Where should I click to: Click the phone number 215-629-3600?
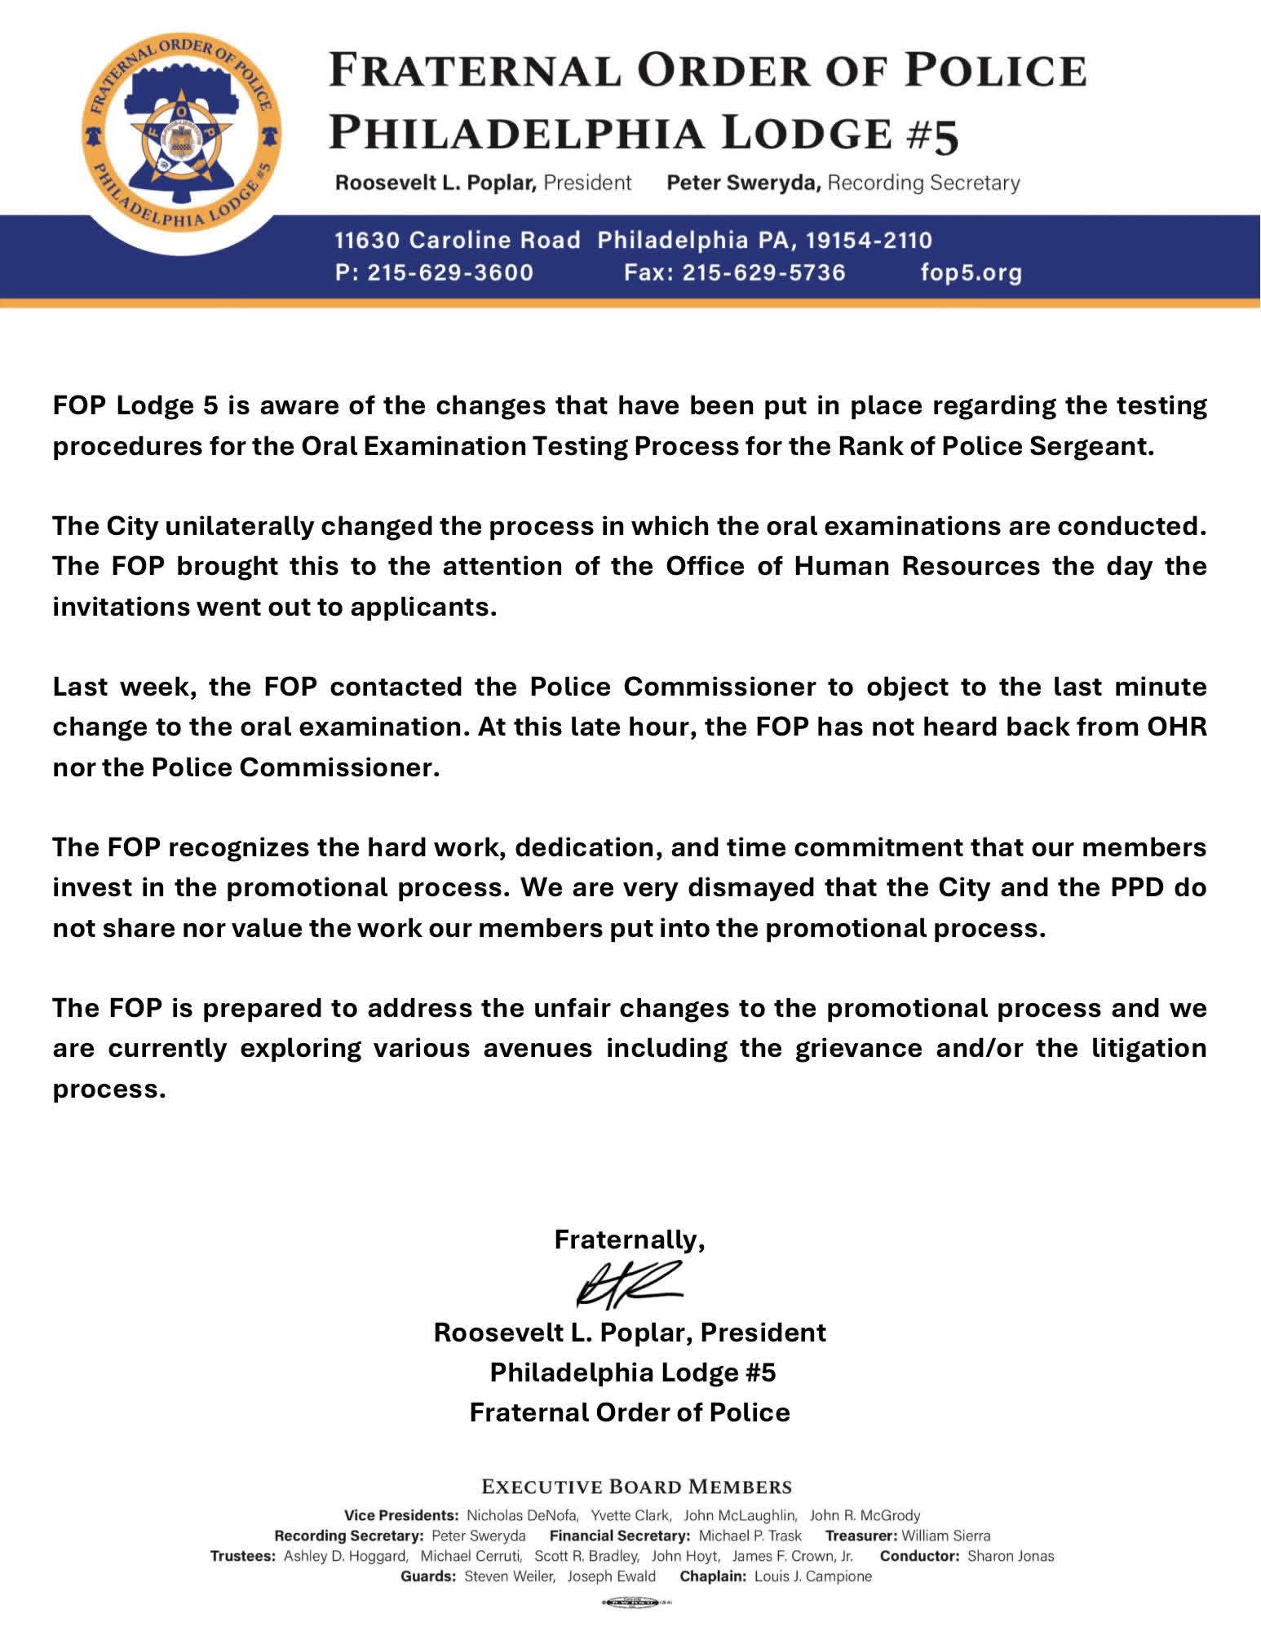pyautogui.click(x=450, y=272)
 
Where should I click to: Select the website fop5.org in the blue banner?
pyautogui.click(x=971, y=272)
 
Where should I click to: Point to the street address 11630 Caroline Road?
pyautogui.click(x=458, y=241)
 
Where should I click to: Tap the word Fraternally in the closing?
pyautogui.click(x=629, y=1240)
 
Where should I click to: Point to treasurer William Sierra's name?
pyautogui.click(x=945, y=1536)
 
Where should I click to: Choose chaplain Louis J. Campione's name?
pyautogui.click(x=813, y=1576)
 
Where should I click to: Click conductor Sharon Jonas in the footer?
pyautogui.click(x=1011, y=1556)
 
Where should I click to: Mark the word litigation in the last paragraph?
pyautogui.click(x=1149, y=1048)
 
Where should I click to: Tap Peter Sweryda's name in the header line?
pyautogui.click(x=742, y=183)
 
